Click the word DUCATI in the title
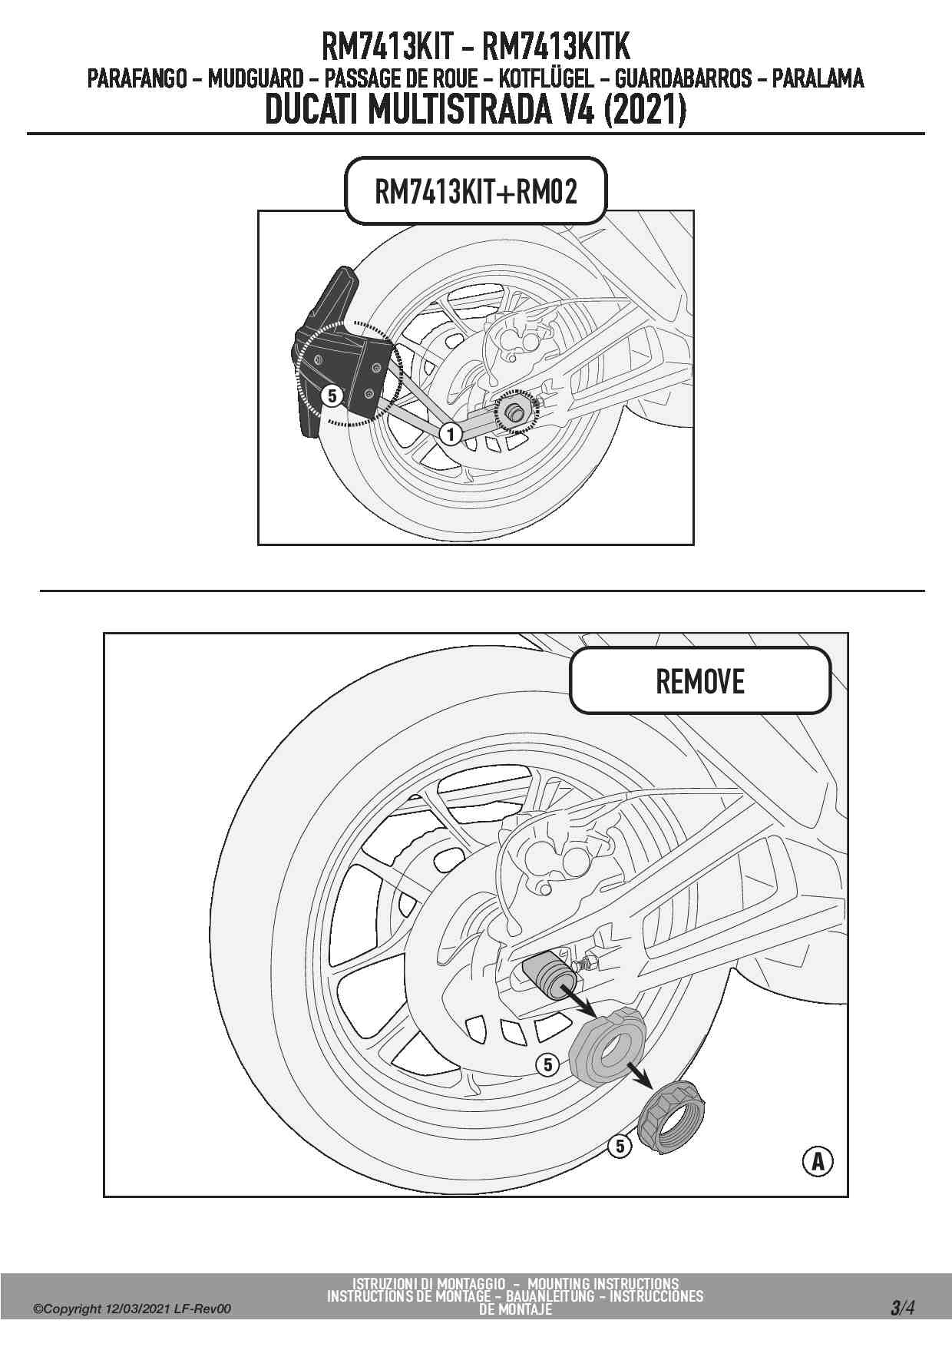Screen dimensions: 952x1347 tap(315, 111)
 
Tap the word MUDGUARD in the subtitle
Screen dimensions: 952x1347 tap(256, 78)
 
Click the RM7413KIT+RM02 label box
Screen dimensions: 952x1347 tap(476, 191)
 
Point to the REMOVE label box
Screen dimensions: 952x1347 tap(700, 681)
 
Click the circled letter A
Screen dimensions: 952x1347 tap(818, 1161)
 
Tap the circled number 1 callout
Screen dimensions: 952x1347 tap(451, 434)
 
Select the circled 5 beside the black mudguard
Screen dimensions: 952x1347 tap(332, 395)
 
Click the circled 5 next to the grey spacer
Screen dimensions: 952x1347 tap(547, 1064)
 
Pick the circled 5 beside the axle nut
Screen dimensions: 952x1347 tap(620, 1147)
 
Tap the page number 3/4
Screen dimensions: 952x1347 tap(903, 1307)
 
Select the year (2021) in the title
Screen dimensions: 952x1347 tap(644, 111)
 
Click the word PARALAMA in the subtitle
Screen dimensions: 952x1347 tap(818, 78)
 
